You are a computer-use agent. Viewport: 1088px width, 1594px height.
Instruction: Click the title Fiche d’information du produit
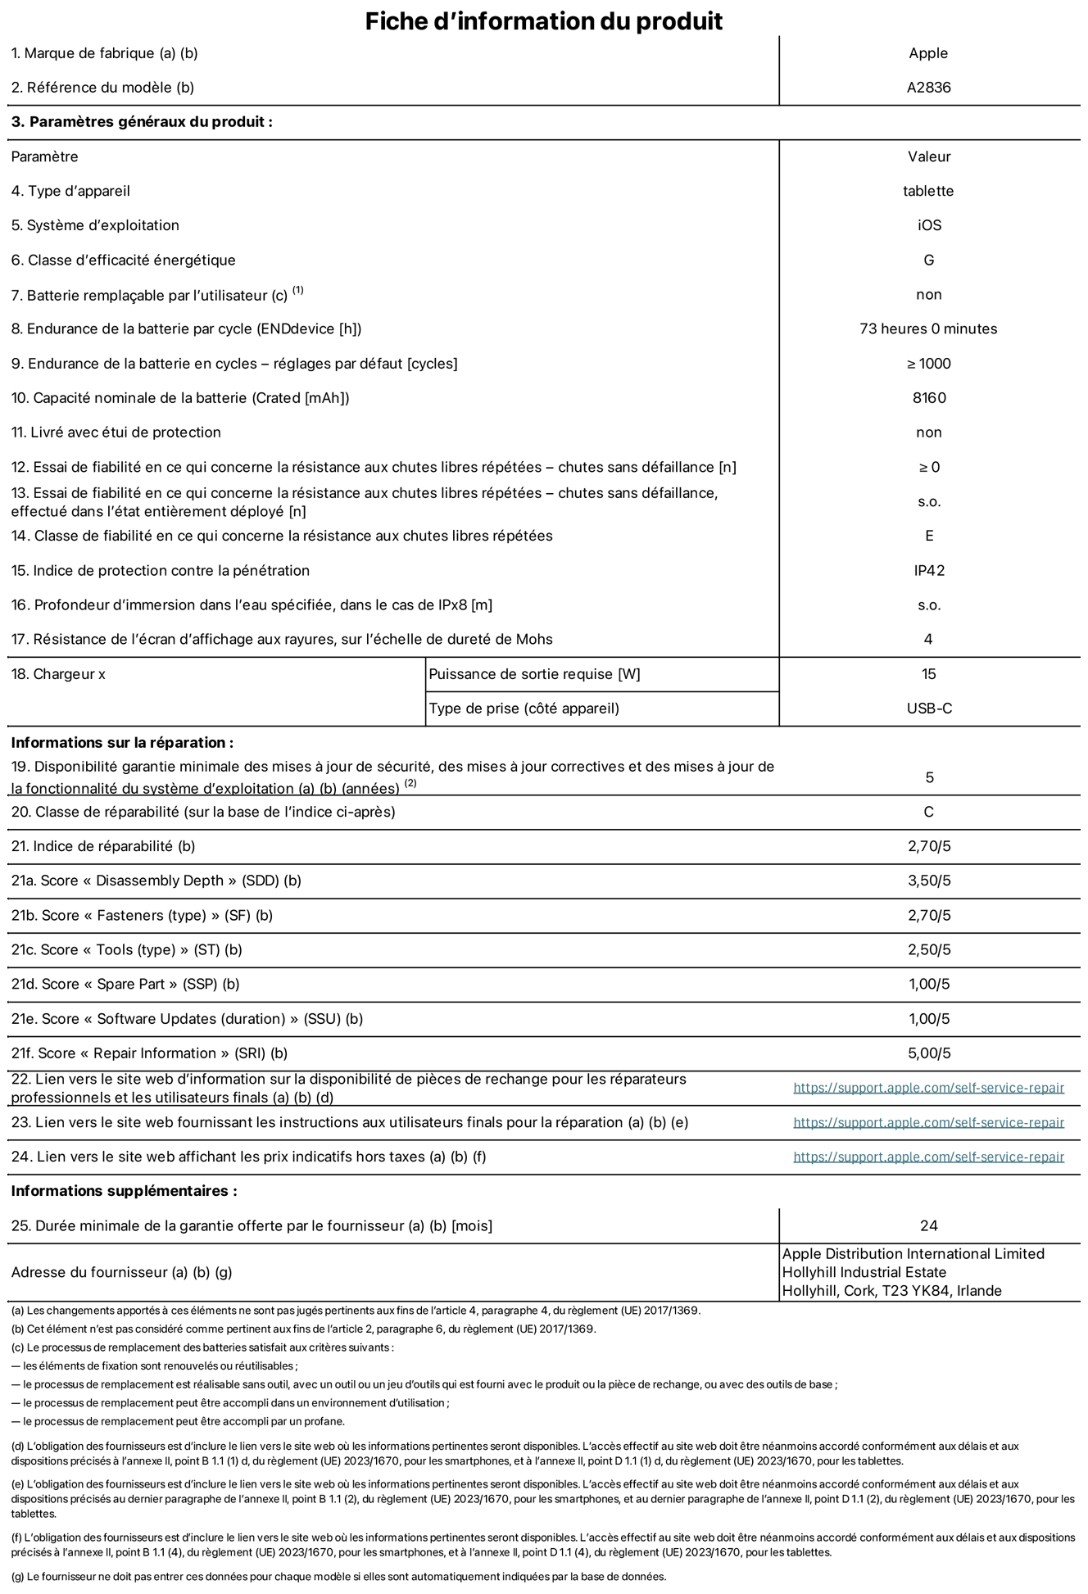coord(543,20)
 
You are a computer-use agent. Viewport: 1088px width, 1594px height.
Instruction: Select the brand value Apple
coord(928,53)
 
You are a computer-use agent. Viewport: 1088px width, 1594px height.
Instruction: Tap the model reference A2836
coord(928,88)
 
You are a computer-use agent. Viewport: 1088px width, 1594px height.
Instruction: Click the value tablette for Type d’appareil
coord(928,191)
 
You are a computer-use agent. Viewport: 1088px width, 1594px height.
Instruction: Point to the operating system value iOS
coord(929,225)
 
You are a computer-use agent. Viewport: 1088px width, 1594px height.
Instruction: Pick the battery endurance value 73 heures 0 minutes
coord(928,328)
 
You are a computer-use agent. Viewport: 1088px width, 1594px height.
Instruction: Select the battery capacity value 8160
coord(928,398)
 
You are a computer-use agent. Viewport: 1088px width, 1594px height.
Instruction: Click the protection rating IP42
coord(929,570)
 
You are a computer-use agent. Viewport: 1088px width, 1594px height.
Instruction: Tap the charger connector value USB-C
coord(929,709)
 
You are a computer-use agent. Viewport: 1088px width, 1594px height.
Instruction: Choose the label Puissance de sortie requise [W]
coord(534,674)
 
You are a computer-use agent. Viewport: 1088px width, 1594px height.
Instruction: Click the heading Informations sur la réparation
coord(122,743)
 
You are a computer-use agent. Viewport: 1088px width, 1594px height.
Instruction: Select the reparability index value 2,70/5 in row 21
coord(929,846)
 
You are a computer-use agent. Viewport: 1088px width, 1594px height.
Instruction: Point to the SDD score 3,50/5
coord(929,881)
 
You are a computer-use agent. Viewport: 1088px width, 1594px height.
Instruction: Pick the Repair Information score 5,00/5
coord(929,1053)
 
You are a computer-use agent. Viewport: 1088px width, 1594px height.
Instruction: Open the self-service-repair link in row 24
coord(928,1157)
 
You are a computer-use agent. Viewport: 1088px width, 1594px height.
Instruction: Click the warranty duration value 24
coord(928,1225)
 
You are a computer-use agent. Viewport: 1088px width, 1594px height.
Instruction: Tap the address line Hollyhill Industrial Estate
coord(864,1272)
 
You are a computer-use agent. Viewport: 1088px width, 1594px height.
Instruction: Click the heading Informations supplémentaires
coord(124,1191)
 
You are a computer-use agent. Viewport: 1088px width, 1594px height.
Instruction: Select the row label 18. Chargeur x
coord(58,674)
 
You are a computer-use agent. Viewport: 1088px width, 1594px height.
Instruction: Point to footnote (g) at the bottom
coord(338,1577)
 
